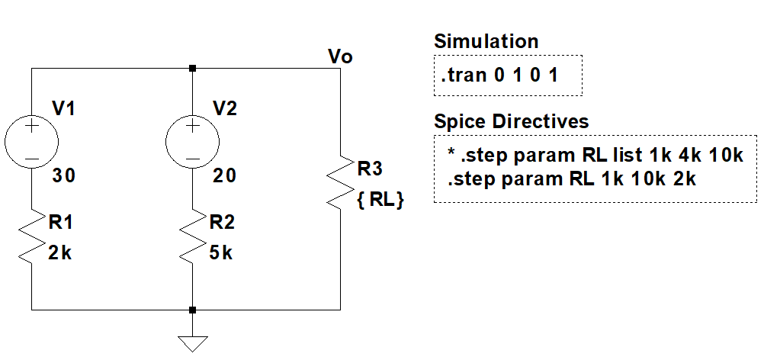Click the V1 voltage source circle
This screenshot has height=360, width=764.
(x=31, y=142)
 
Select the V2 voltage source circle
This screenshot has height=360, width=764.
(x=192, y=142)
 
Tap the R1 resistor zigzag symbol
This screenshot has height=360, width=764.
(x=31, y=237)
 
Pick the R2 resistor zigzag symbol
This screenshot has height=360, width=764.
(x=192, y=237)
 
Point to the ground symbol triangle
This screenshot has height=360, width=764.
(x=192, y=342)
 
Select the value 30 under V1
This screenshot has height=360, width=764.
(x=64, y=175)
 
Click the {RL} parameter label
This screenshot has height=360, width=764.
(x=380, y=201)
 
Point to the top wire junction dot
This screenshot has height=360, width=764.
(x=192, y=69)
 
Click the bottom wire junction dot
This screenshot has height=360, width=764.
(x=192, y=310)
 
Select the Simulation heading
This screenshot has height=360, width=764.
(x=486, y=41)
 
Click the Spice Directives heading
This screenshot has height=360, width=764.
(x=511, y=121)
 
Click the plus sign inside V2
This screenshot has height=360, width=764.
(x=192, y=126)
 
